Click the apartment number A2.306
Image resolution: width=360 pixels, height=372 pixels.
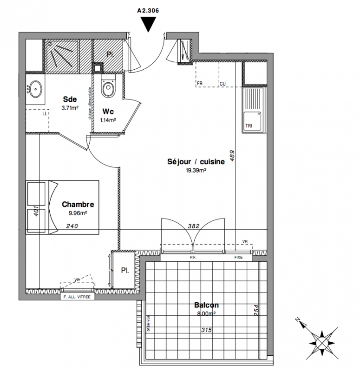pyautogui.click(x=149, y=9)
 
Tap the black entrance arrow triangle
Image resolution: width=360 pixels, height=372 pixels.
pyautogui.click(x=149, y=23)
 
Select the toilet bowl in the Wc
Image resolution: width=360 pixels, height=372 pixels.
pyautogui.click(x=109, y=88)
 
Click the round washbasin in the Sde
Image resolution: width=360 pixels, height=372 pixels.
pyautogui.click(x=35, y=87)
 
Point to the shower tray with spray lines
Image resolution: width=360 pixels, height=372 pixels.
pyautogui.click(x=61, y=56)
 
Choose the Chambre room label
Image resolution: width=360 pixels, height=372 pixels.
pyautogui.click(x=78, y=204)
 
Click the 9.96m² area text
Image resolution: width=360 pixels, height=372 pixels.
pyautogui.click(x=78, y=213)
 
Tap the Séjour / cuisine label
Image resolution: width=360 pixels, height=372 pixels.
pyautogui.click(x=196, y=162)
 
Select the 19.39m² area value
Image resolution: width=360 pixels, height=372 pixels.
pyautogui.click(x=196, y=171)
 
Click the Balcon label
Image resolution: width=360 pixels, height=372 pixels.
pyautogui.click(x=206, y=306)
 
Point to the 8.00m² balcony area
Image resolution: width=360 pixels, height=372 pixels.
pyautogui.click(x=206, y=314)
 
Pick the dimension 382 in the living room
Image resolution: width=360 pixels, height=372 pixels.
pyautogui.click(x=193, y=226)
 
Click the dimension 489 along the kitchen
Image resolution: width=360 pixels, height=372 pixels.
pyautogui.click(x=232, y=155)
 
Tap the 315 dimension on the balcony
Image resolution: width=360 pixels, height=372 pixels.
pyautogui.click(x=206, y=330)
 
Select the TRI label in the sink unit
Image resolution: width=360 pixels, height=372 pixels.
pyautogui.click(x=249, y=126)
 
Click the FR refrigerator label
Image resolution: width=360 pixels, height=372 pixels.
pyautogui.click(x=200, y=84)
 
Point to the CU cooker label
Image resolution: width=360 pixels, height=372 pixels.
pyautogui.click(x=223, y=84)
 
